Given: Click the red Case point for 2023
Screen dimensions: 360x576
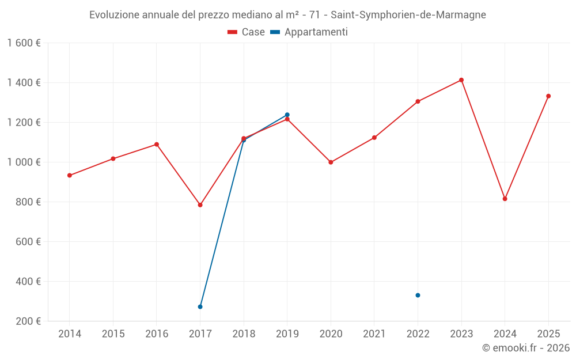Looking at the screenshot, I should [461, 80].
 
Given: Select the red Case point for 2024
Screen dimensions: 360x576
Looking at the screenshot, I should [505, 199].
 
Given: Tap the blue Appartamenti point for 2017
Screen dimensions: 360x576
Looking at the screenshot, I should [200, 306].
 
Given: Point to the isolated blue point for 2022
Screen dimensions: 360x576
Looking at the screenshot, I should [418, 295].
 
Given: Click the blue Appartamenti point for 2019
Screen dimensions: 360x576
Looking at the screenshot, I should [287, 115].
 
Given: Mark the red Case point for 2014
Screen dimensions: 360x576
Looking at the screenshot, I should [70, 175].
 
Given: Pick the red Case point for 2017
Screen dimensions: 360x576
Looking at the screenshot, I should [200, 205].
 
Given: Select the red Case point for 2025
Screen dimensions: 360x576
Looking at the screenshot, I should [548, 96].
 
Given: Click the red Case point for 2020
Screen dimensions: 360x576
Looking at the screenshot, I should [331, 162].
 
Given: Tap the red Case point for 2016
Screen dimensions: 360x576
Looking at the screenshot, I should [157, 145].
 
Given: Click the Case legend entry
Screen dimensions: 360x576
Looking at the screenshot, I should [247, 32].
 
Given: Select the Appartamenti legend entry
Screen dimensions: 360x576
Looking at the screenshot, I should [309, 32].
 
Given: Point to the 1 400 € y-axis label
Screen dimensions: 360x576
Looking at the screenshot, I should [24, 82].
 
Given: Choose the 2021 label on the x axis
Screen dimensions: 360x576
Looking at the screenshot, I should [374, 334].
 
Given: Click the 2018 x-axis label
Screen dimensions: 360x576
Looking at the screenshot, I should [244, 334].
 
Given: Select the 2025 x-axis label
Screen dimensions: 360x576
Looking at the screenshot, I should [548, 334].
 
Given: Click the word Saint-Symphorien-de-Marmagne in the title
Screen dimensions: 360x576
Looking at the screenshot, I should [408, 15].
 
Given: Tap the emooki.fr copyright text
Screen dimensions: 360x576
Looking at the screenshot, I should [526, 348].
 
